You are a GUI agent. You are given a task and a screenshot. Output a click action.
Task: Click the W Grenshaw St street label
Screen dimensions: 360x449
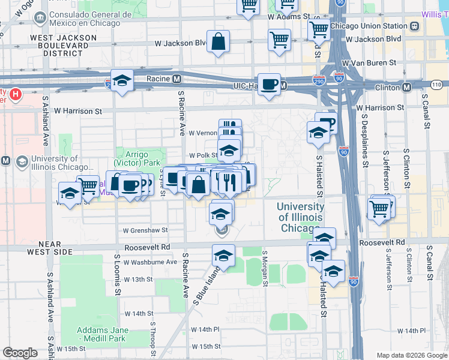coord(145,230)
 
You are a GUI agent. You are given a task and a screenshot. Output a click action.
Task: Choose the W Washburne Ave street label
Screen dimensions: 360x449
coord(151,262)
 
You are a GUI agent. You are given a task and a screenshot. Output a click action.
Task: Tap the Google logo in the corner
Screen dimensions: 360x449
coord(20,353)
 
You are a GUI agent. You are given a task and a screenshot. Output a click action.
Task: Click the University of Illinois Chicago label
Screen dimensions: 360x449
coord(300,217)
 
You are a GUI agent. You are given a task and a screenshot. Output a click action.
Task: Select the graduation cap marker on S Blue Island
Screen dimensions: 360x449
coord(223,256)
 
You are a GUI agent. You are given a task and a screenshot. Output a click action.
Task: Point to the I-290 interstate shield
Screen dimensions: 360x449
coord(319,79)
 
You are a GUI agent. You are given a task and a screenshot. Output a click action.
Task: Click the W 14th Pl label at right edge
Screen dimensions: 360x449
coord(419,331)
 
